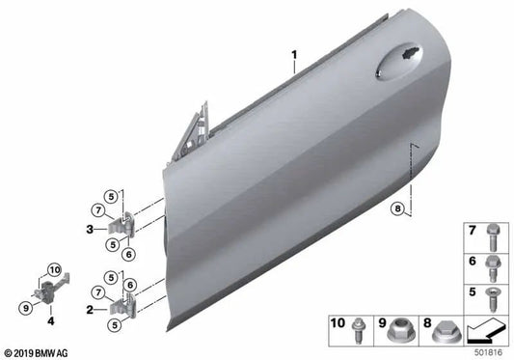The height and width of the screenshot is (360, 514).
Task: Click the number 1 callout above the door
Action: [x=295, y=57]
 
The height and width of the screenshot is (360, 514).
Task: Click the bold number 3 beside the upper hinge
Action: [x=89, y=229]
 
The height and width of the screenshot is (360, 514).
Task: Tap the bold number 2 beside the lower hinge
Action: [x=89, y=310]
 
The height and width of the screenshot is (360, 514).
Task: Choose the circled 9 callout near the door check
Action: [x=26, y=309]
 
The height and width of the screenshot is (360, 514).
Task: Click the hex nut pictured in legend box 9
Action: [x=401, y=329]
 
